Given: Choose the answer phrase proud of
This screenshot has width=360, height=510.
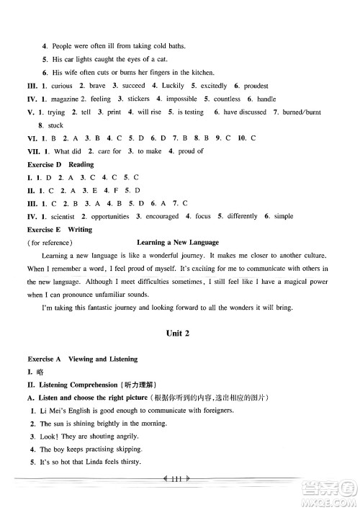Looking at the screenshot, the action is (189, 151).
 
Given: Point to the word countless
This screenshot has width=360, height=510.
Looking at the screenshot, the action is (228, 99).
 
